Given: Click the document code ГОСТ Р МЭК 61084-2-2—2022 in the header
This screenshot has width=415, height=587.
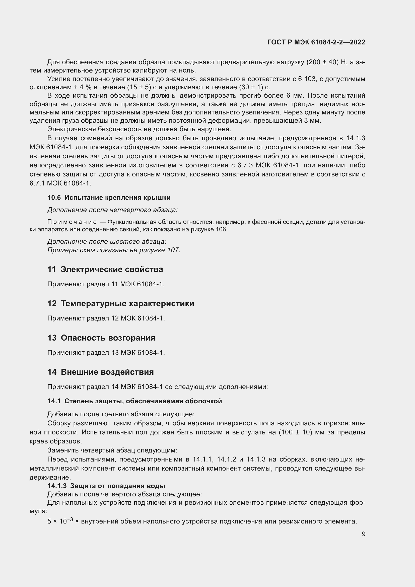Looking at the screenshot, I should point(316,42).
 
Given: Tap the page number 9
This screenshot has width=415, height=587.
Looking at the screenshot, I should point(363,534).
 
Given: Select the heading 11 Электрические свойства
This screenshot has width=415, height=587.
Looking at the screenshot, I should point(105,270).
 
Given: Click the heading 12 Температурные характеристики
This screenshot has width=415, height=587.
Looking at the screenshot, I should point(121,303).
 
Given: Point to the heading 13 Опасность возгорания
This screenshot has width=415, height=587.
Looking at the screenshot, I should point(101,338).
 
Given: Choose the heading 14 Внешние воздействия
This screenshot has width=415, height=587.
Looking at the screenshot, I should point(100,372).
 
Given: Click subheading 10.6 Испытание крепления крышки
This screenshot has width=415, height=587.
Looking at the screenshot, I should point(109,198).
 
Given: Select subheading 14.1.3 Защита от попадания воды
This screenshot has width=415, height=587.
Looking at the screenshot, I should point(106,486).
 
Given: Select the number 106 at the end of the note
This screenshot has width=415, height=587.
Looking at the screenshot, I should point(221,229).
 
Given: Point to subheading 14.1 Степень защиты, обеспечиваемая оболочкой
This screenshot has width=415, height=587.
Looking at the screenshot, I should point(135,401).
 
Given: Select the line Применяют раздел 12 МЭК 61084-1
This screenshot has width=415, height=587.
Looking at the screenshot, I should point(106,318).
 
